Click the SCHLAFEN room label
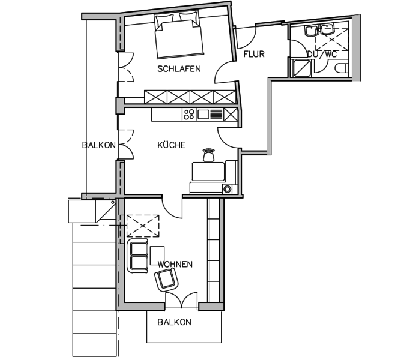179,69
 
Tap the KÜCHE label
171,145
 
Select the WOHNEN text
175,265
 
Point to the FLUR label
254,54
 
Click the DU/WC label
322,54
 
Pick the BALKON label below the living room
174,322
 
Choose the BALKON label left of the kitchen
99,145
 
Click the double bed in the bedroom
178,35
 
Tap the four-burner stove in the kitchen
189,115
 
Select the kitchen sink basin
203,115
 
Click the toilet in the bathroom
342,68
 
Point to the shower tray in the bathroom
302,68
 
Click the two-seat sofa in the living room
138,256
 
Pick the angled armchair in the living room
166,280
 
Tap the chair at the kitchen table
209,155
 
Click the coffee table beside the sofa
157,256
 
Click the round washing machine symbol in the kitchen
227,189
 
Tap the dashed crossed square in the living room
143,226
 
